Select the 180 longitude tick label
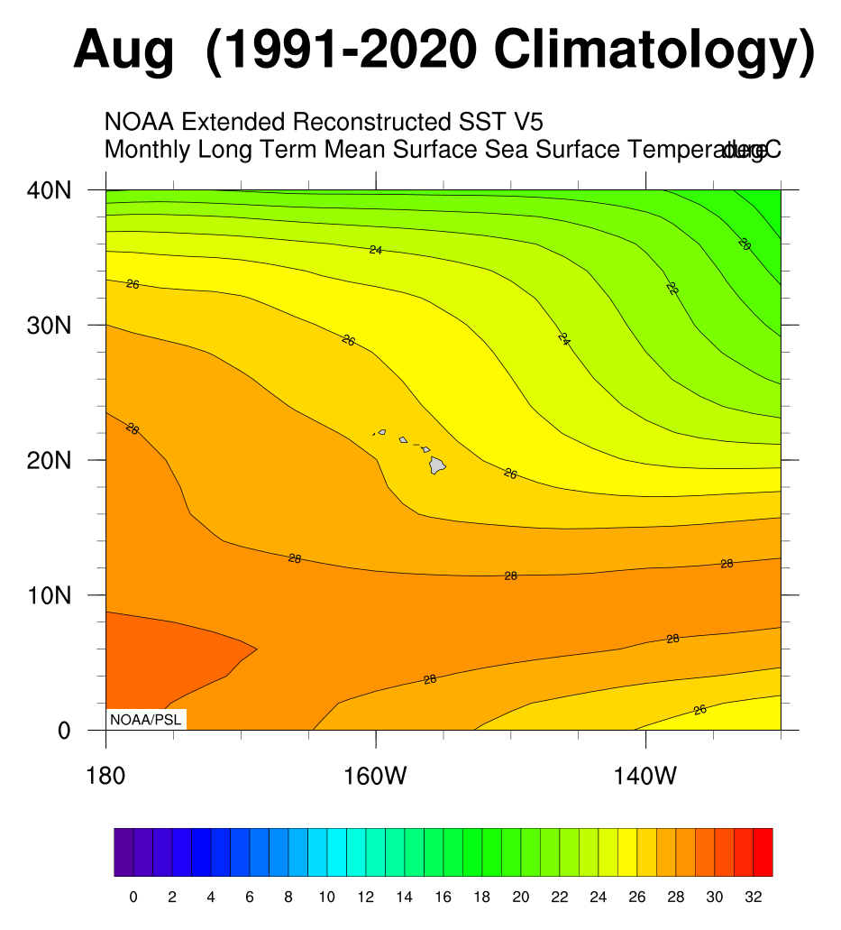(x=106, y=776)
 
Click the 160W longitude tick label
(x=376, y=776)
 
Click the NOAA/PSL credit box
(x=144, y=719)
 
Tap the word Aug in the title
(x=123, y=50)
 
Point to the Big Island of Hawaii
(x=437, y=465)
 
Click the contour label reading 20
(x=745, y=244)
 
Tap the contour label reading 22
(x=672, y=289)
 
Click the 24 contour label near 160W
(x=376, y=250)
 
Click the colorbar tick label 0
(x=133, y=898)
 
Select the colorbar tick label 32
(x=754, y=898)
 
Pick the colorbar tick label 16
(x=443, y=898)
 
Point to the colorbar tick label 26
(x=637, y=898)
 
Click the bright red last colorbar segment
(x=763, y=852)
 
